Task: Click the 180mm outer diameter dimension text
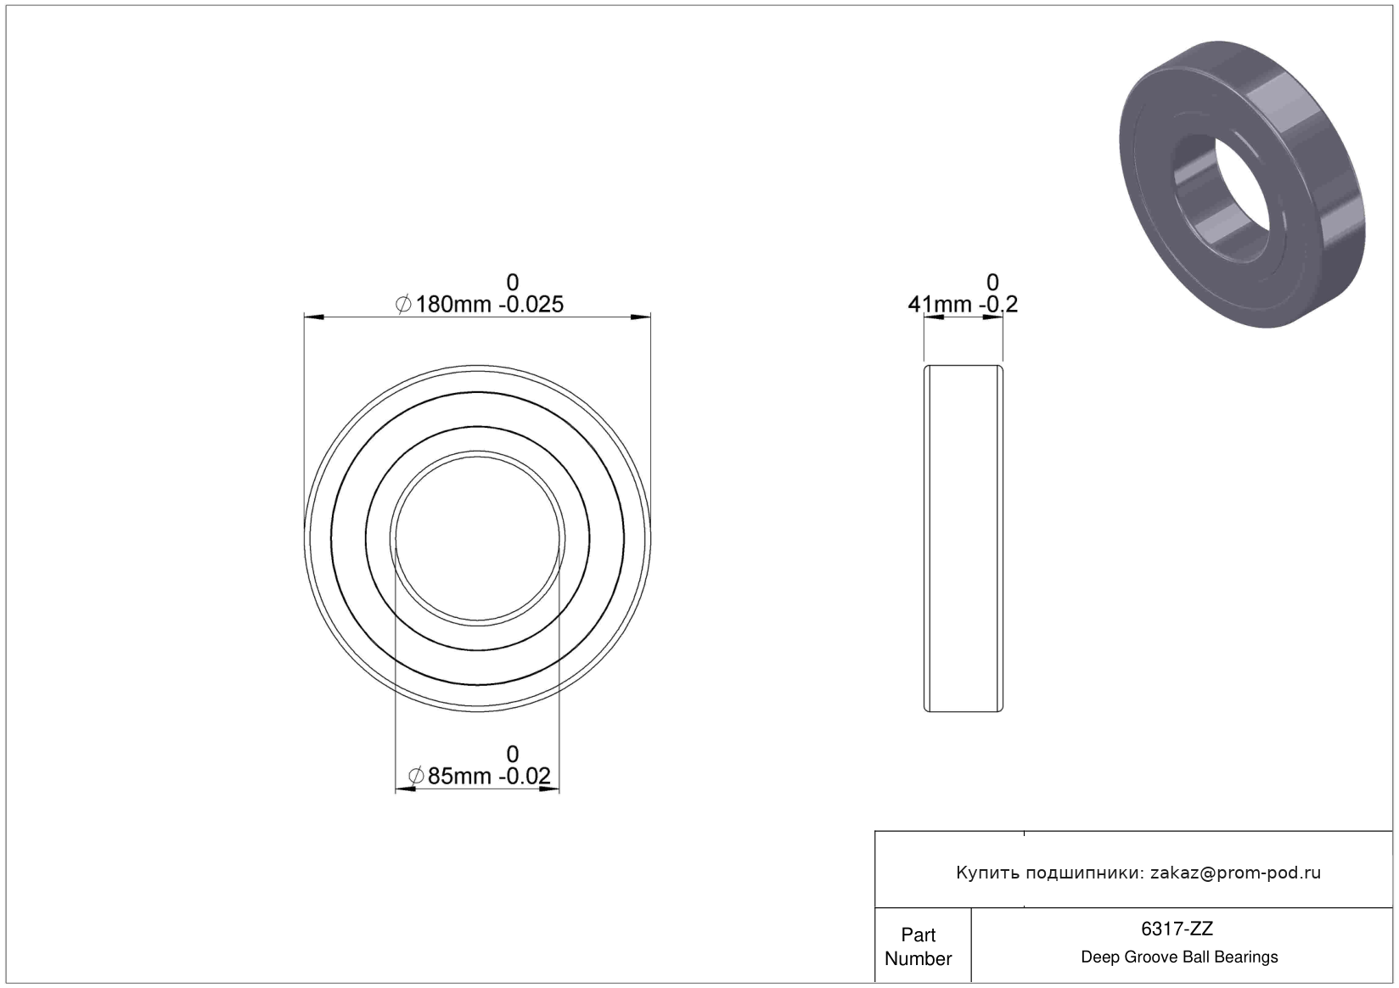click(x=453, y=304)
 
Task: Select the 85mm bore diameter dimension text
click(x=459, y=776)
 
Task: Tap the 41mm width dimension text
click(x=940, y=304)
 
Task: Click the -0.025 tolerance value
click(x=531, y=304)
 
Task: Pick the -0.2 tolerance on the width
click(x=998, y=304)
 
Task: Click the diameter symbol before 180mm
click(x=403, y=304)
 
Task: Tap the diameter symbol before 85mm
click(x=416, y=776)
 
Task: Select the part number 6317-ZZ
click(x=1177, y=929)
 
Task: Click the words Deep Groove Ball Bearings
click(x=1179, y=957)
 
